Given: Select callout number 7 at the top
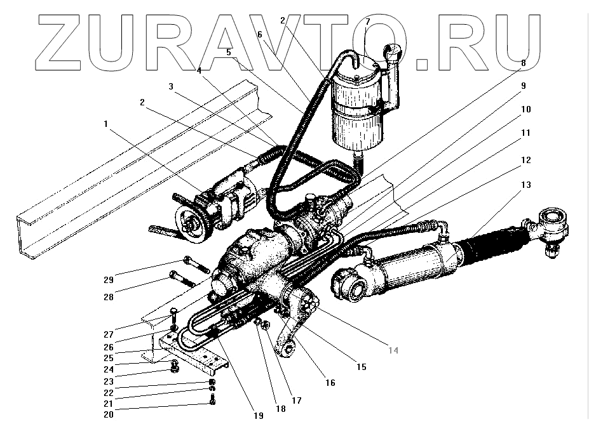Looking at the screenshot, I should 367,22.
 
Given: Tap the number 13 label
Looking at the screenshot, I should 525,185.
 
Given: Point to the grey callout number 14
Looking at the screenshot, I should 394,350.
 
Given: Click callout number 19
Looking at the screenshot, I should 258,416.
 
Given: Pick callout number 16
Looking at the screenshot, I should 330,383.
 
